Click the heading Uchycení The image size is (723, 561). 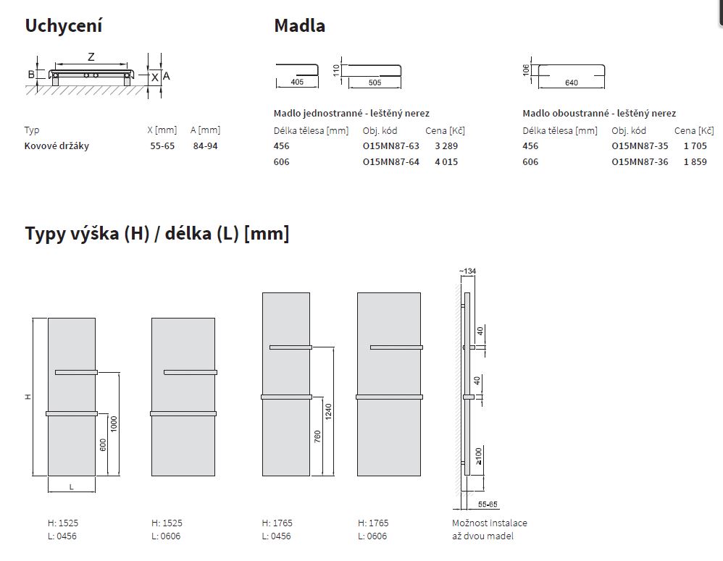click(x=64, y=26)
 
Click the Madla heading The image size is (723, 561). click(x=300, y=26)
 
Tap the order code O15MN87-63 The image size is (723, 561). click(x=391, y=146)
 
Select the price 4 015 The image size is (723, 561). click(x=446, y=161)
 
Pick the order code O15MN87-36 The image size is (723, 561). click(x=640, y=161)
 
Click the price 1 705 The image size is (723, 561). click(x=695, y=146)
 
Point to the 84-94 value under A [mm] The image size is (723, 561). click(x=205, y=146)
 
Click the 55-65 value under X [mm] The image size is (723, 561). click(x=162, y=146)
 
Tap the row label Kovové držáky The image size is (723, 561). click(x=57, y=146)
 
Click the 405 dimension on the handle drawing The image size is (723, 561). click(x=298, y=82)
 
